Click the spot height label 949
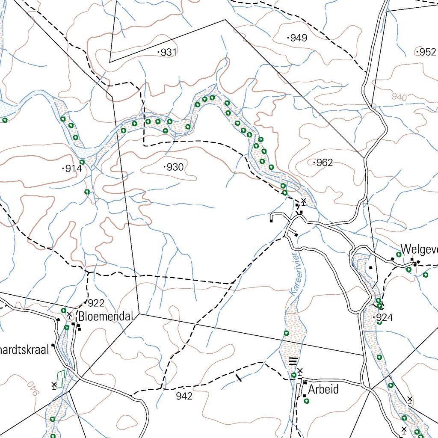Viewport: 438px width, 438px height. pyautogui.click(x=298, y=38)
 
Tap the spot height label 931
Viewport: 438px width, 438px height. pyautogui.click(x=169, y=53)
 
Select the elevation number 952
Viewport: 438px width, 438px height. pyautogui.click(x=427, y=52)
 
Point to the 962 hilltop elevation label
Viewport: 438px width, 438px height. pyautogui.click(x=324, y=163)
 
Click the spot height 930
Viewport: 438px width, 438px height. pyautogui.click(x=175, y=167)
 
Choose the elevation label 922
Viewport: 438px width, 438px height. pyautogui.click(x=96, y=303)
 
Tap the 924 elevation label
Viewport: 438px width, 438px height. pyautogui.click(x=384, y=318)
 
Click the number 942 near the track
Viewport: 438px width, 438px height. pyautogui.click(x=184, y=397)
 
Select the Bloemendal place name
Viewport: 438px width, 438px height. pyautogui.click(x=106, y=317)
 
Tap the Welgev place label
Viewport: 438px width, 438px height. pyautogui.click(x=419, y=249)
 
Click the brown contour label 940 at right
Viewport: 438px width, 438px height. pyautogui.click(x=399, y=98)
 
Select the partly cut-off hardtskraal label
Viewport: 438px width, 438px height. pyautogui.click(x=25, y=349)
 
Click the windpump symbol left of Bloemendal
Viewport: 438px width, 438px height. pyautogui.click(x=69, y=316)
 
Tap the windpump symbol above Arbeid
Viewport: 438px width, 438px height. pyautogui.click(x=300, y=371)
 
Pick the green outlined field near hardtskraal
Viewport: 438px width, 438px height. pyautogui.click(x=60, y=379)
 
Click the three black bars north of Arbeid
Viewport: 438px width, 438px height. pyautogui.click(x=293, y=361)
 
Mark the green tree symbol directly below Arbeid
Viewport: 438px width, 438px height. pyautogui.click(x=306, y=401)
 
